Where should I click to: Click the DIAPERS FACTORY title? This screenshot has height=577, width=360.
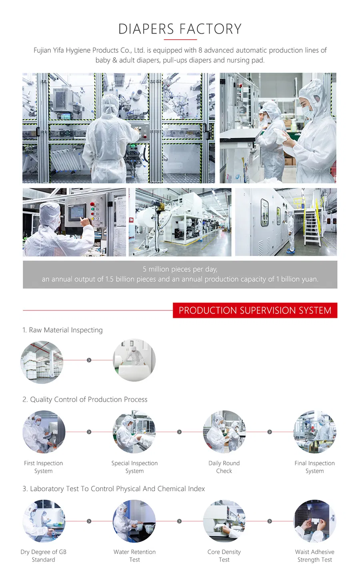(x=180, y=29)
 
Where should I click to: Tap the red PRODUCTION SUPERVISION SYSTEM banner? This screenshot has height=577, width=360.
(x=255, y=311)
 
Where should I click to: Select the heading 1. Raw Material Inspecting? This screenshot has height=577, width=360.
(x=62, y=330)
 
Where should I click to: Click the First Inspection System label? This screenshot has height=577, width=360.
(x=43, y=467)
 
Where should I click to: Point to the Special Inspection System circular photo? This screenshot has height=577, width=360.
(x=134, y=432)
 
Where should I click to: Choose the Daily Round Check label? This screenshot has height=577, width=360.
(x=224, y=467)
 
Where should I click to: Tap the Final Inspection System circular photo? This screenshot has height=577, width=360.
(x=315, y=432)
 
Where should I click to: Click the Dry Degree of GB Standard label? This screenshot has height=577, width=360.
(x=43, y=556)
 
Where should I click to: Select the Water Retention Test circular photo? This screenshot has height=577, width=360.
(x=134, y=521)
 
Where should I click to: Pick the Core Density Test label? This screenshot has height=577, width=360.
(x=224, y=556)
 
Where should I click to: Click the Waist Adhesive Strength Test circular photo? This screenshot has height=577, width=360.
(x=315, y=521)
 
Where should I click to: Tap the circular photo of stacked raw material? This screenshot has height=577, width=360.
(x=42, y=362)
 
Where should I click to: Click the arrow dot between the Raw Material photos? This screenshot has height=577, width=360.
(x=89, y=360)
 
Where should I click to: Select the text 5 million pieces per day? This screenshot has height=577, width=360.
(x=180, y=269)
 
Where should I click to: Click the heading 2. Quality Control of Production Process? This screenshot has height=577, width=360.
(x=85, y=399)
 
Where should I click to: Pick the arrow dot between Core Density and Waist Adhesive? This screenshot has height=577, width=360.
(x=270, y=521)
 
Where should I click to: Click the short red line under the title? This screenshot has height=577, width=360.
(x=180, y=40)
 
